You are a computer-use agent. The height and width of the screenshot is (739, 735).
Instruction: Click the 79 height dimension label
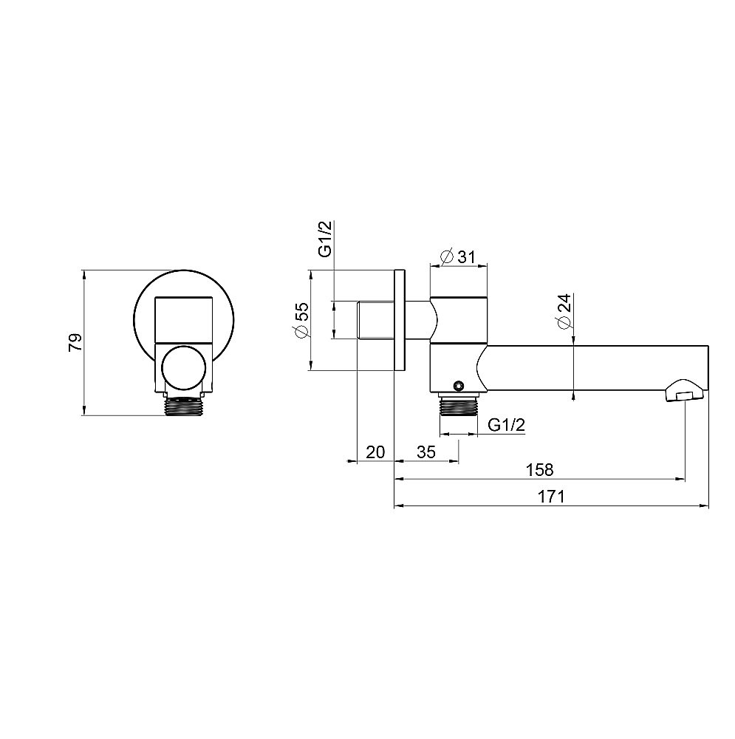pyautogui.click(x=75, y=342)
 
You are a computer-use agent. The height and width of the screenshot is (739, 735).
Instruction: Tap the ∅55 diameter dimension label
pyautogui.click(x=301, y=320)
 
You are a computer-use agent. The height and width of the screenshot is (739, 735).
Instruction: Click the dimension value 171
pyautogui.click(x=551, y=497)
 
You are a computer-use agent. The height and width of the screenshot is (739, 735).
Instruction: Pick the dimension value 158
pyautogui.click(x=540, y=469)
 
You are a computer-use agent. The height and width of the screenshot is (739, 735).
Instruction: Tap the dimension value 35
pyautogui.click(x=426, y=452)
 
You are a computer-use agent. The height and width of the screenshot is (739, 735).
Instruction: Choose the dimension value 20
pyautogui.click(x=375, y=452)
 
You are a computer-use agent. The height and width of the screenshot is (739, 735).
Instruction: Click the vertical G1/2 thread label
pyautogui.click(x=325, y=239)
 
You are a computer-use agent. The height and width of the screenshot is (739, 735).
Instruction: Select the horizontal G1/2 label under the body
pyautogui.click(x=507, y=425)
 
